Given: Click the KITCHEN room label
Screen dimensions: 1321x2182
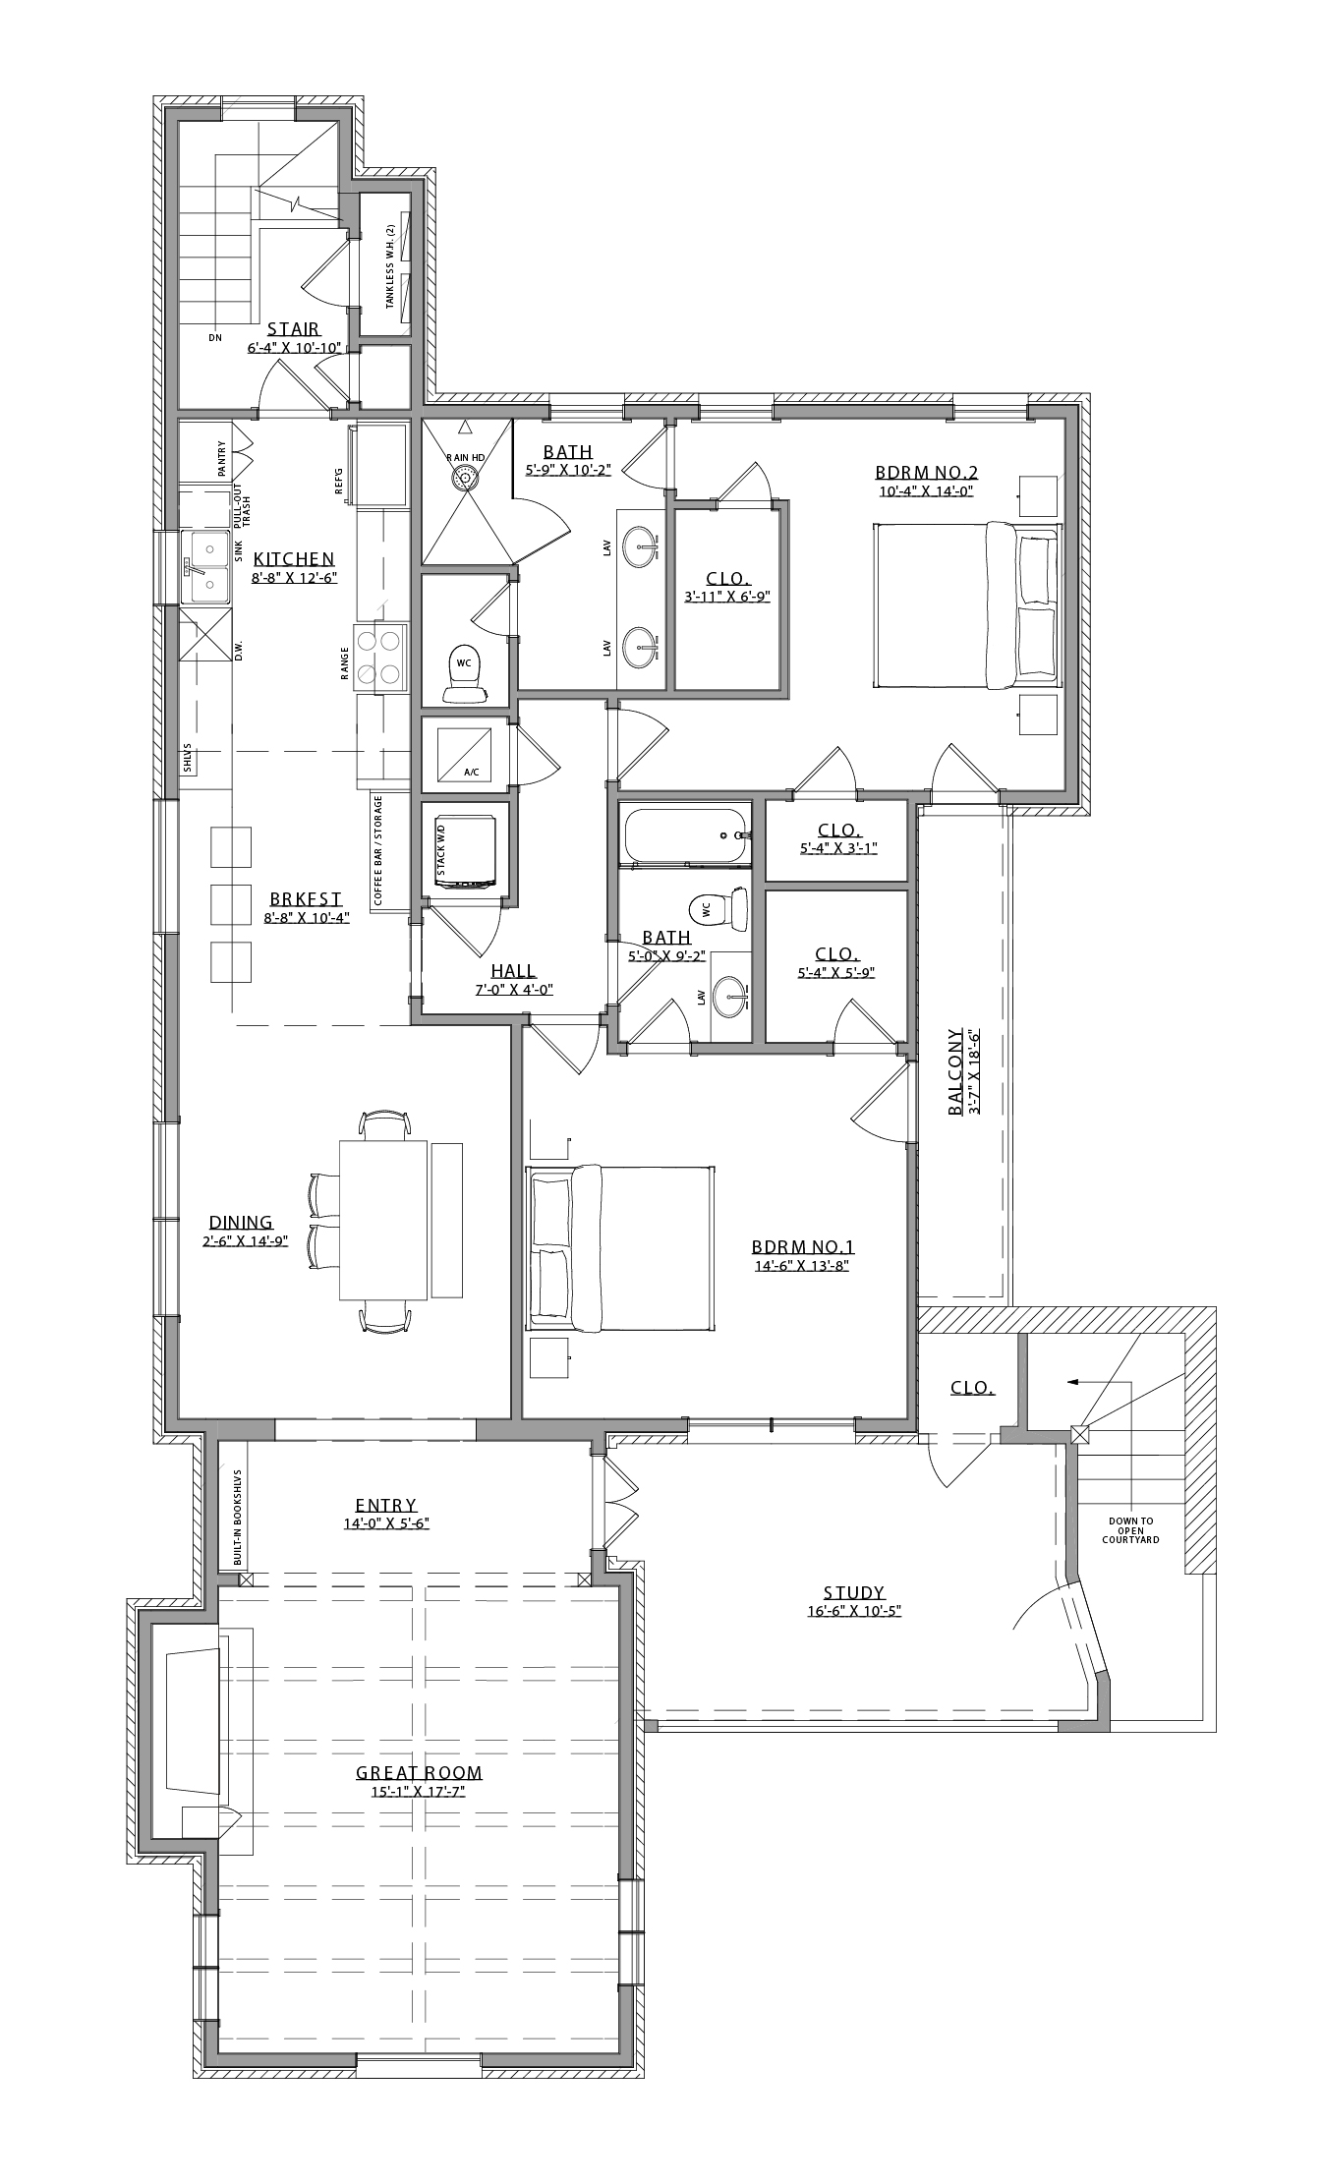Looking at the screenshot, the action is click(x=294, y=559).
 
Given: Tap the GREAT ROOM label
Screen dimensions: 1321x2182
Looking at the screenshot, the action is click(x=419, y=1773).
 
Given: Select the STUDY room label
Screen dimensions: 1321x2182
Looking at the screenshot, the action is click(x=853, y=1593).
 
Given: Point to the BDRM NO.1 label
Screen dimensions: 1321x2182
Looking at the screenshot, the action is click(x=802, y=1247).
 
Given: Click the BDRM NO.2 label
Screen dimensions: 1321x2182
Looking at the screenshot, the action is click(x=926, y=471).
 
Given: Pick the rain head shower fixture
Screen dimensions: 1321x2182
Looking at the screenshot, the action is click(x=465, y=477).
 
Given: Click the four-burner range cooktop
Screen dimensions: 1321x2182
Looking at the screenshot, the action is click(x=380, y=657).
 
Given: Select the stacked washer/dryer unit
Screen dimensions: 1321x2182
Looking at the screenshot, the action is click(x=465, y=846).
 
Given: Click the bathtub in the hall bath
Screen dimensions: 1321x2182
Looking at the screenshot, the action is click(x=685, y=835).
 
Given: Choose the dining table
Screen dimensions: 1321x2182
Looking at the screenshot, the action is click(x=383, y=1220).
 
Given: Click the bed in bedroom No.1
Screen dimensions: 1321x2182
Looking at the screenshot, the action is click(x=620, y=1247).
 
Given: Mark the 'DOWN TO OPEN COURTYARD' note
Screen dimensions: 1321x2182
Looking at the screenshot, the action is click(x=1131, y=1530).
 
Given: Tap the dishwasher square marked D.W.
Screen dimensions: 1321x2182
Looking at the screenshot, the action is click(x=205, y=636).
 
